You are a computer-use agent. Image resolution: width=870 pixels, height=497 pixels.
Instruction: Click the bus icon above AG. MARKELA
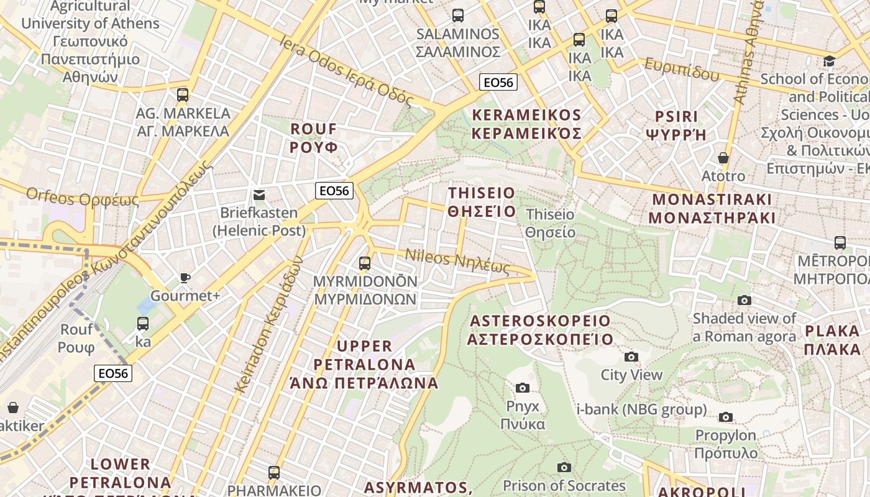(182, 95)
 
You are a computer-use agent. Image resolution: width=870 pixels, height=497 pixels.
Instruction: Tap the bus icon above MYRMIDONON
(365, 263)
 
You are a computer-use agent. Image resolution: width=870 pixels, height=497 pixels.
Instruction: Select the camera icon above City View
(631, 357)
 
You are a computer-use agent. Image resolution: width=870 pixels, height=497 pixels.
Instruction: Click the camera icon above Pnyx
(523, 388)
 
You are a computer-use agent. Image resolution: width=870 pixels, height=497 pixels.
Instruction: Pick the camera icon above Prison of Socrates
(564, 467)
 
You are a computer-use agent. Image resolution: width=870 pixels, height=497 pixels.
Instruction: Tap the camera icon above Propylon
(726, 417)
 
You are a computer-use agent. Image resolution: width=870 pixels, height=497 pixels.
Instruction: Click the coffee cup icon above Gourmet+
(185, 278)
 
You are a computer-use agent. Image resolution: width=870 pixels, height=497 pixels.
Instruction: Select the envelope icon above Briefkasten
(259, 195)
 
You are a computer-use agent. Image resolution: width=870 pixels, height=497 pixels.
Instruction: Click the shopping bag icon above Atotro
(723, 158)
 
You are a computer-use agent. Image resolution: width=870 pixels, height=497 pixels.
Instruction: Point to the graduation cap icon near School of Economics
(829, 61)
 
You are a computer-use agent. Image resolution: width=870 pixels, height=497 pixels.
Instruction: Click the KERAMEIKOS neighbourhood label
(526, 124)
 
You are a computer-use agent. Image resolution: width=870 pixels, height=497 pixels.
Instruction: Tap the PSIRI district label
(676, 125)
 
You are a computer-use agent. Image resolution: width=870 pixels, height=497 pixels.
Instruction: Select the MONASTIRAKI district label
(712, 209)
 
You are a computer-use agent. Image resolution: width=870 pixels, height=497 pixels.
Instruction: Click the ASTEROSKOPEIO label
(540, 330)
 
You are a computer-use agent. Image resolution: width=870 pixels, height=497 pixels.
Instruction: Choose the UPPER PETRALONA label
(364, 364)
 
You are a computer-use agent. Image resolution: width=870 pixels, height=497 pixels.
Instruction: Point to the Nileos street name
(457, 262)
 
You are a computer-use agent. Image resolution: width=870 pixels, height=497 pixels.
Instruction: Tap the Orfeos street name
(83, 198)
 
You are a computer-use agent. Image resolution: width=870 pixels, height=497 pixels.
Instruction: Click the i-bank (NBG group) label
(641, 409)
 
